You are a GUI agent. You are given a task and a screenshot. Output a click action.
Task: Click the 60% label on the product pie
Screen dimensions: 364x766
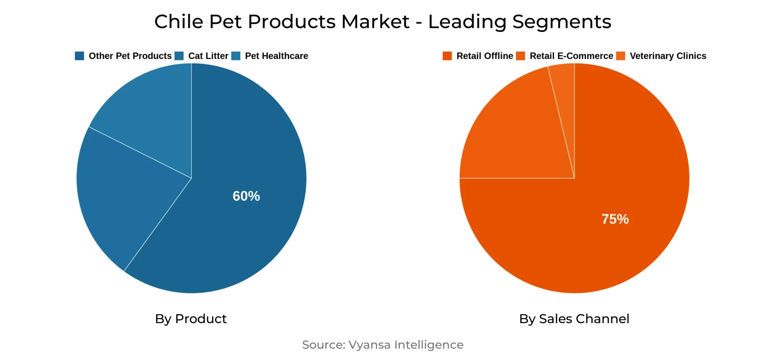(246, 196)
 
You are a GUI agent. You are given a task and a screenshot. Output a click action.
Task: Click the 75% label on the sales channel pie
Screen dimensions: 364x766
(615, 219)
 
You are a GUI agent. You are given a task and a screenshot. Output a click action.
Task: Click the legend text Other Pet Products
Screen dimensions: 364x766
(130, 56)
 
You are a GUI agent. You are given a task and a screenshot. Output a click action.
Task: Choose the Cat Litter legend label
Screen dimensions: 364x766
(208, 56)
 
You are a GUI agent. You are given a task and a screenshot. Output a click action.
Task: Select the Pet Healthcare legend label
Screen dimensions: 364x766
(276, 56)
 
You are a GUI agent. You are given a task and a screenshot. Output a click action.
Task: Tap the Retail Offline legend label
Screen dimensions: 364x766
(485, 56)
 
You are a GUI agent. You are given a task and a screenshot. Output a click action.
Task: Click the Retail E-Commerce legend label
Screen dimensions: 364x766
(571, 56)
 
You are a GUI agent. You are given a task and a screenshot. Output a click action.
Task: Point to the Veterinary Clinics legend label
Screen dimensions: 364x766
(668, 56)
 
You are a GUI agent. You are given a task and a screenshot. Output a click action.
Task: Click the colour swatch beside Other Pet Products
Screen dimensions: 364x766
(79, 56)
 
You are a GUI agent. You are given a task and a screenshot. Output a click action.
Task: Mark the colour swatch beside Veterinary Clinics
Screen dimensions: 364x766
(620, 56)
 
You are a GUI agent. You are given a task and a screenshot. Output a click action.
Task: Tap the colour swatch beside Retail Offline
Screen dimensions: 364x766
(447, 56)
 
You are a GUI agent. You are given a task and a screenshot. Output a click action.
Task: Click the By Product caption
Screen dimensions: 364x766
(191, 319)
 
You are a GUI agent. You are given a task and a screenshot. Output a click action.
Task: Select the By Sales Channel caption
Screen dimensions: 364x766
(574, 319)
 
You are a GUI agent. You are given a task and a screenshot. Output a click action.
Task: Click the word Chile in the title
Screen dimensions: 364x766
(178, 21)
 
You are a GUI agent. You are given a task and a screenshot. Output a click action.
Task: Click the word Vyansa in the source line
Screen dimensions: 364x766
(369, 345)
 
